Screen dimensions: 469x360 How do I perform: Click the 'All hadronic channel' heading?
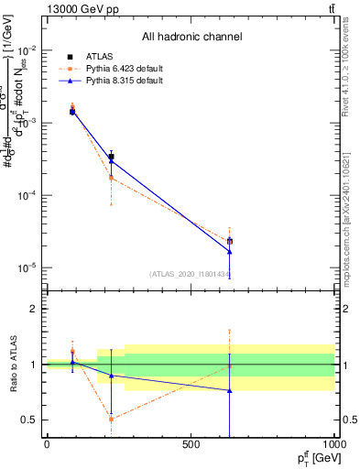tap(191, 37)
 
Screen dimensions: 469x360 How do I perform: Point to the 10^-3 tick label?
tap(27, 123)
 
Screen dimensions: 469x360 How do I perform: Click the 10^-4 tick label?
tap(27, 195)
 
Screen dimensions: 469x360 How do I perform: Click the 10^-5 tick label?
tap(27, 267)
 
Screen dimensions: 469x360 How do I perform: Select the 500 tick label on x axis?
tap(191, 444)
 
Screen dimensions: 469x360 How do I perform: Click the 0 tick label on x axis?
tap(47, 444)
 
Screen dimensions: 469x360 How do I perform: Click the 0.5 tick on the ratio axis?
tap(30, 420)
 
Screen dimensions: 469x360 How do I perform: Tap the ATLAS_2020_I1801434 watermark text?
tap(190, 274)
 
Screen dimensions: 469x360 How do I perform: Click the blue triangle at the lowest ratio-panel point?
tap(229, 390)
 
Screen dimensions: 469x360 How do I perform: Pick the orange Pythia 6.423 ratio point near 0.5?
tap(111, 419)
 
